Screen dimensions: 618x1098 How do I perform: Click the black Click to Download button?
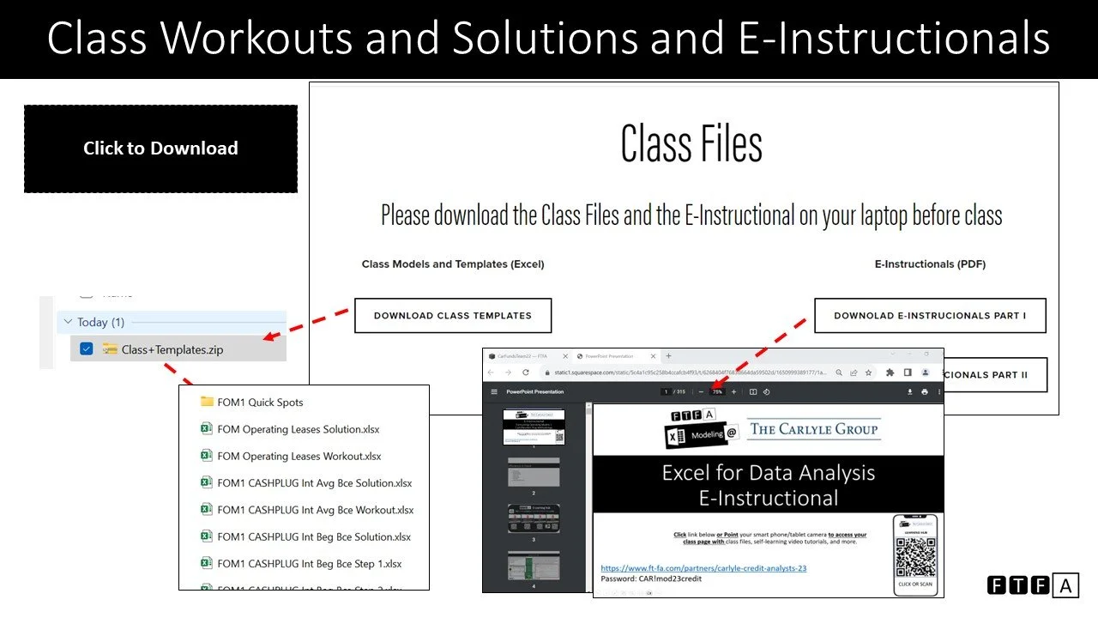coord(160,148)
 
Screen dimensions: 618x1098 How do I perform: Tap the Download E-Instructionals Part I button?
coord(930,315)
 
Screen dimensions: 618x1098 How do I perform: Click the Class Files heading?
coord(691,143)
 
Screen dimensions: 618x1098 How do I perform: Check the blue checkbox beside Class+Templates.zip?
coord(86,348)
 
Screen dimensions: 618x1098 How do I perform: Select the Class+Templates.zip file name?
coord(172,349)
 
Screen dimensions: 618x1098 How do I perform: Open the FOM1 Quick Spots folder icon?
coord(207,402)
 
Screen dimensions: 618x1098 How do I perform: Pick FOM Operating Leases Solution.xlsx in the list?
coord(298,429)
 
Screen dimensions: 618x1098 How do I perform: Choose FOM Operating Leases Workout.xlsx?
coord(299,456)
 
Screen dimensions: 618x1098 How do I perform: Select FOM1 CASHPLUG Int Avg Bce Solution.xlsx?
coord(314,482)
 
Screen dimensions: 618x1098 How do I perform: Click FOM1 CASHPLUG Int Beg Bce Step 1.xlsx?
coord(309,563)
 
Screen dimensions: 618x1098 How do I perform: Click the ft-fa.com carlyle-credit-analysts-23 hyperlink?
coord(703,567)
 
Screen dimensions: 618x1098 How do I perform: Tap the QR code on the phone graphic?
coord(915,557)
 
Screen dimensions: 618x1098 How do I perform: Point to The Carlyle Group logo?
coord(814,428)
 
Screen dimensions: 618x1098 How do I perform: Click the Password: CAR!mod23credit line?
coord(651,579)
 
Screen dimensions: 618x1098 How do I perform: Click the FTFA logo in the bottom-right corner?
coord(1033,585)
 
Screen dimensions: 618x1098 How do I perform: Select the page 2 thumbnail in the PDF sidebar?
coord(533,472)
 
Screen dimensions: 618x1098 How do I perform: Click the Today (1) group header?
coord(100,322)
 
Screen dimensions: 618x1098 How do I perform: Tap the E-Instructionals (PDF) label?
coord(930,264)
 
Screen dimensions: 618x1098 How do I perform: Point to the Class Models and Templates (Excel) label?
coord(453,264)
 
